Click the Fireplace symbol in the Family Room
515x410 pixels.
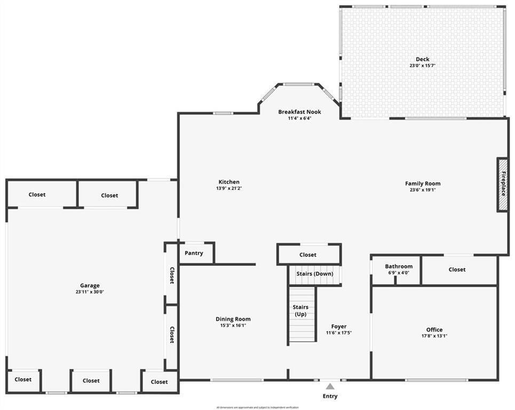click(502, 184)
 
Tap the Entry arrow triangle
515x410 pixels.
click(330, 387)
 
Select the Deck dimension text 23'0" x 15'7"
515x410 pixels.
click(423, 66)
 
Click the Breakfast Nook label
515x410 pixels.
click(299, 112)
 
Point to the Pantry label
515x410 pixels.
click(194, 253)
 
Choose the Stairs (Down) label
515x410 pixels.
click(315, 274)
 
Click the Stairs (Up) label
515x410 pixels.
click(300, 311)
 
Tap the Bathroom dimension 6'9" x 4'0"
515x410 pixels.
click(399, 273)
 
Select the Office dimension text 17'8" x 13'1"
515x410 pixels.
click(434, 336)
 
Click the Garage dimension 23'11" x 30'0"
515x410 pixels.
click(90, 292)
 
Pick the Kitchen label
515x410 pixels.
click(229, 182)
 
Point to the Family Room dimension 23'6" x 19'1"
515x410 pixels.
click(423, 190)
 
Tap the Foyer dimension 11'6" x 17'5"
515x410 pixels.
click(339, 333)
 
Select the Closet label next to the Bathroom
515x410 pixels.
click(457, 270)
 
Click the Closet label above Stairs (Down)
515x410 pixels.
click(308, 255)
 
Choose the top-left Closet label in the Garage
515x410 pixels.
click(37, 195)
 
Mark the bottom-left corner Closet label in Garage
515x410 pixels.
click(23, 380)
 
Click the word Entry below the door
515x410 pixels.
click(330, 396)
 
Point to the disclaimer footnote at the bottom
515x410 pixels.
click(257, 407)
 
